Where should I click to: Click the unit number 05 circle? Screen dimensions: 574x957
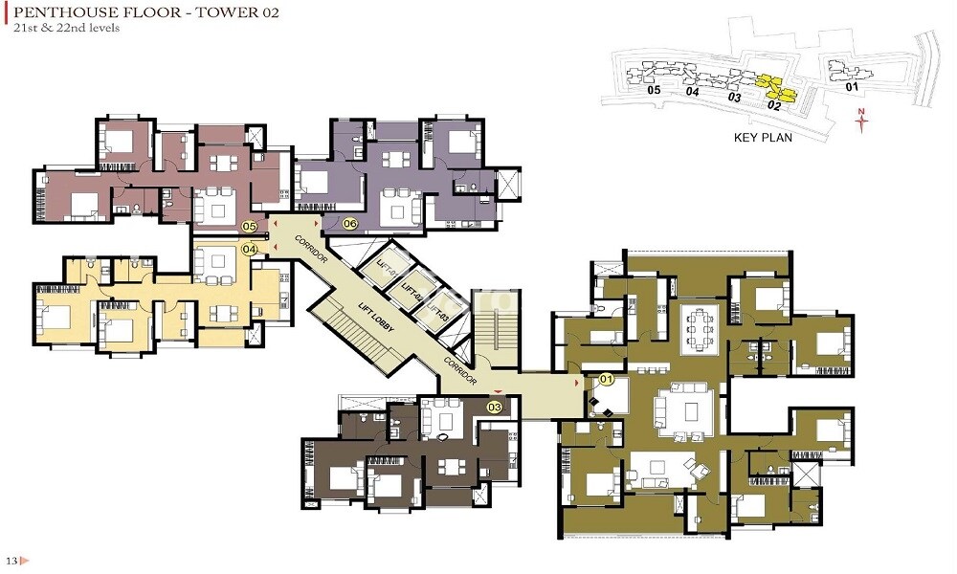click(250, 227)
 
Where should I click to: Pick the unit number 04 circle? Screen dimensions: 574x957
click(250, 249)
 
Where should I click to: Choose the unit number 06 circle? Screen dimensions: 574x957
click(349, 224)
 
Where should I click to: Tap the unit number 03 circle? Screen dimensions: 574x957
click(495, 407)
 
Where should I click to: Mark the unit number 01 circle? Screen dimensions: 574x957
click(606, 380)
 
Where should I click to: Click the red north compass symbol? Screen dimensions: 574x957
click(861, 119)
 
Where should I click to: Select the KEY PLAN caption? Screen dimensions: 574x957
click(762, 137)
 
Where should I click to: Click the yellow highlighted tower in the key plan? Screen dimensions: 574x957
click(776, 89)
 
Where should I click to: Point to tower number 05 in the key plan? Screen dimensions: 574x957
click(655, 90)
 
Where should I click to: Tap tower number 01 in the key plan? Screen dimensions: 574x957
click(852, 87)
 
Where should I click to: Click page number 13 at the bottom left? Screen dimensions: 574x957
click(11, 559)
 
